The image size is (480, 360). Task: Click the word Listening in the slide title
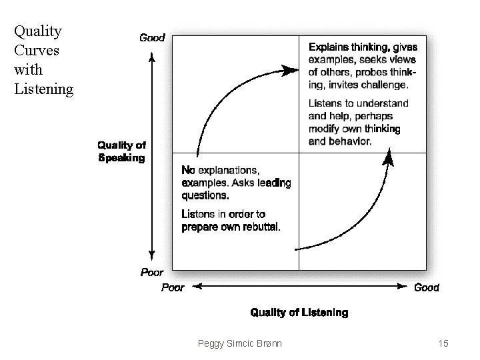tap(43, 89)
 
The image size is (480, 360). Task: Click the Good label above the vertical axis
tap(152, 38)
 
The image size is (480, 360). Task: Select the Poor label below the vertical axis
tap(152, 272)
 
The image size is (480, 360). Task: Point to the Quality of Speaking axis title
tap(121, 151)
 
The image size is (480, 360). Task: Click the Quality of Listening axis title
tap(299, 312)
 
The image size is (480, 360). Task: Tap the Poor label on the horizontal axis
tap(173, 287)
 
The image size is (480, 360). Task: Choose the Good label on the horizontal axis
tap(427, 287)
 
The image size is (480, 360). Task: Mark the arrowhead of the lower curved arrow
tap(389, 157)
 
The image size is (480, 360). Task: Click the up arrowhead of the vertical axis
tap(152, 57)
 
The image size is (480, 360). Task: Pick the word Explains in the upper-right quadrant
tap(326, 47)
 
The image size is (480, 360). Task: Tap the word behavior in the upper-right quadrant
tap(350, 141)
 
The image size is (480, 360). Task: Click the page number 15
tap(443, 343)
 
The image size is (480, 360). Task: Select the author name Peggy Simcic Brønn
tap(239, 343)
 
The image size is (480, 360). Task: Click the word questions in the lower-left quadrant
tap(205, 195)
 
